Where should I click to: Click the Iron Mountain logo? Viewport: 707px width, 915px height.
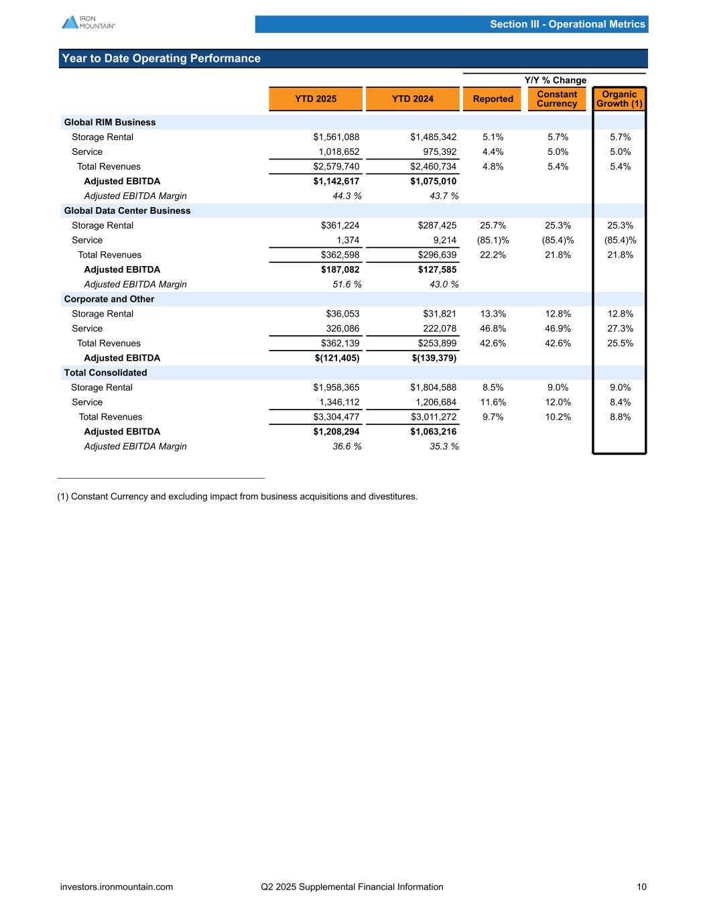pyautogui.click(x=88, y=22)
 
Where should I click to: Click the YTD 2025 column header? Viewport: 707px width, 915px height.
pyautogui.click(x=316, y=99)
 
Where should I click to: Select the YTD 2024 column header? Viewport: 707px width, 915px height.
pyautogui.click(x=412, y=99)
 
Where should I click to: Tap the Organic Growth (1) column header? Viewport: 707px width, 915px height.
pyautogui.click(x=619, y=99)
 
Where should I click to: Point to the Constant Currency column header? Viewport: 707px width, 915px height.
pyautogui.click(x=557, y=99)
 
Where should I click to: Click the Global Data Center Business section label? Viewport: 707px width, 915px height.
pyautogui.click(x=127, y=210)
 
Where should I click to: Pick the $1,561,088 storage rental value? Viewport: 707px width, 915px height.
pyautogui.click(x=336, y=137)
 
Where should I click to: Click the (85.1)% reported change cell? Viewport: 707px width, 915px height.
pyautogui.click(x=493, y=240)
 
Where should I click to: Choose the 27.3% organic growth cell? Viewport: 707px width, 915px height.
pyautogui.click(x=620, y=328)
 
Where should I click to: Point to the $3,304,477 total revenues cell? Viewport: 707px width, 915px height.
pyautogui.click(x=336, y=417)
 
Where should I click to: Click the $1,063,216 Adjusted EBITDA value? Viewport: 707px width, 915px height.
pyautogui.click(x=434, y=432)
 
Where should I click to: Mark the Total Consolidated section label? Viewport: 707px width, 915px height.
pyautogui.click(x=105, y=373)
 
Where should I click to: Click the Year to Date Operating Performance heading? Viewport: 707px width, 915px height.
pyautogui.click(x=161, y=58)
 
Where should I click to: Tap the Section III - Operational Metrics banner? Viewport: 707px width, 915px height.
pyautogui.click(x=567, y=24)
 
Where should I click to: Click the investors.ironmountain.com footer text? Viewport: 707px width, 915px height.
pyautogui.click(x=117, y=887)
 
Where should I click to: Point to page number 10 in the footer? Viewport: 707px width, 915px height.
pyautogui.click(x=642, y=887)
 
